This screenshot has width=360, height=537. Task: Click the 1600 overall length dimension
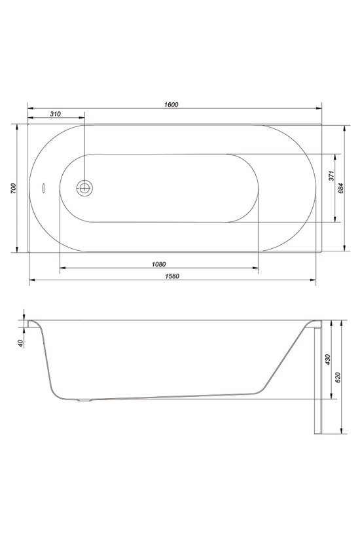pos(171,105)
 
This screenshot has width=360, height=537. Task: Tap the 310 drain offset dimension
pos(56,114)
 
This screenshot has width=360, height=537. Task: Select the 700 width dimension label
pos(13,189)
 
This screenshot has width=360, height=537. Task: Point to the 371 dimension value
pos(331,176)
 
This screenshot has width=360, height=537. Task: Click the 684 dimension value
pos(341,189)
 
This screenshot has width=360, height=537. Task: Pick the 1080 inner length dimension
pos(159,264)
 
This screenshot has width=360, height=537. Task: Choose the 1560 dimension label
pos(171,276)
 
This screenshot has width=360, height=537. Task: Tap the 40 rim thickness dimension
pos(20,343)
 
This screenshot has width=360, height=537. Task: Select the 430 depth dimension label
pos(327,360)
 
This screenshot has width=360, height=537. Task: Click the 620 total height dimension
pos(338,377)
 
